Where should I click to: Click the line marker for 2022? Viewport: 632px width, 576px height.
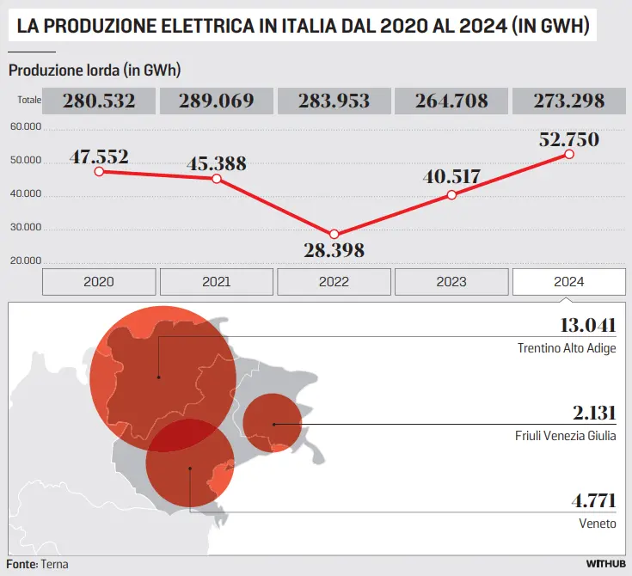point(334,235)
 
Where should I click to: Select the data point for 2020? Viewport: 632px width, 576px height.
point(100,172)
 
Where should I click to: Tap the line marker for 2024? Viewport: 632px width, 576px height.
point(569,155)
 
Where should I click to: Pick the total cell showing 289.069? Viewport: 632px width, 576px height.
point(217,101)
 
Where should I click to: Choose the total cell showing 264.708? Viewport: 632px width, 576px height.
point(451,101)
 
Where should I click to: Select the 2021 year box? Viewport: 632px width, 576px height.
point(217,282)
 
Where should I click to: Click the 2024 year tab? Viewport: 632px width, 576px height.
point(569,282)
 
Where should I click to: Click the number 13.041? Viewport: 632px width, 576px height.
point(587,325)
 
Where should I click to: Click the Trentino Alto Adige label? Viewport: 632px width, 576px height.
point(567,348)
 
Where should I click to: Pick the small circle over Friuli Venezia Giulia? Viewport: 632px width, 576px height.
point(272,423)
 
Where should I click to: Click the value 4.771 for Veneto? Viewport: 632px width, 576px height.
point(593,501)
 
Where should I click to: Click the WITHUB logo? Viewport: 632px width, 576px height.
point(606,564)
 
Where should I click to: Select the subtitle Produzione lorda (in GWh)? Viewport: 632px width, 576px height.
point(95,70)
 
